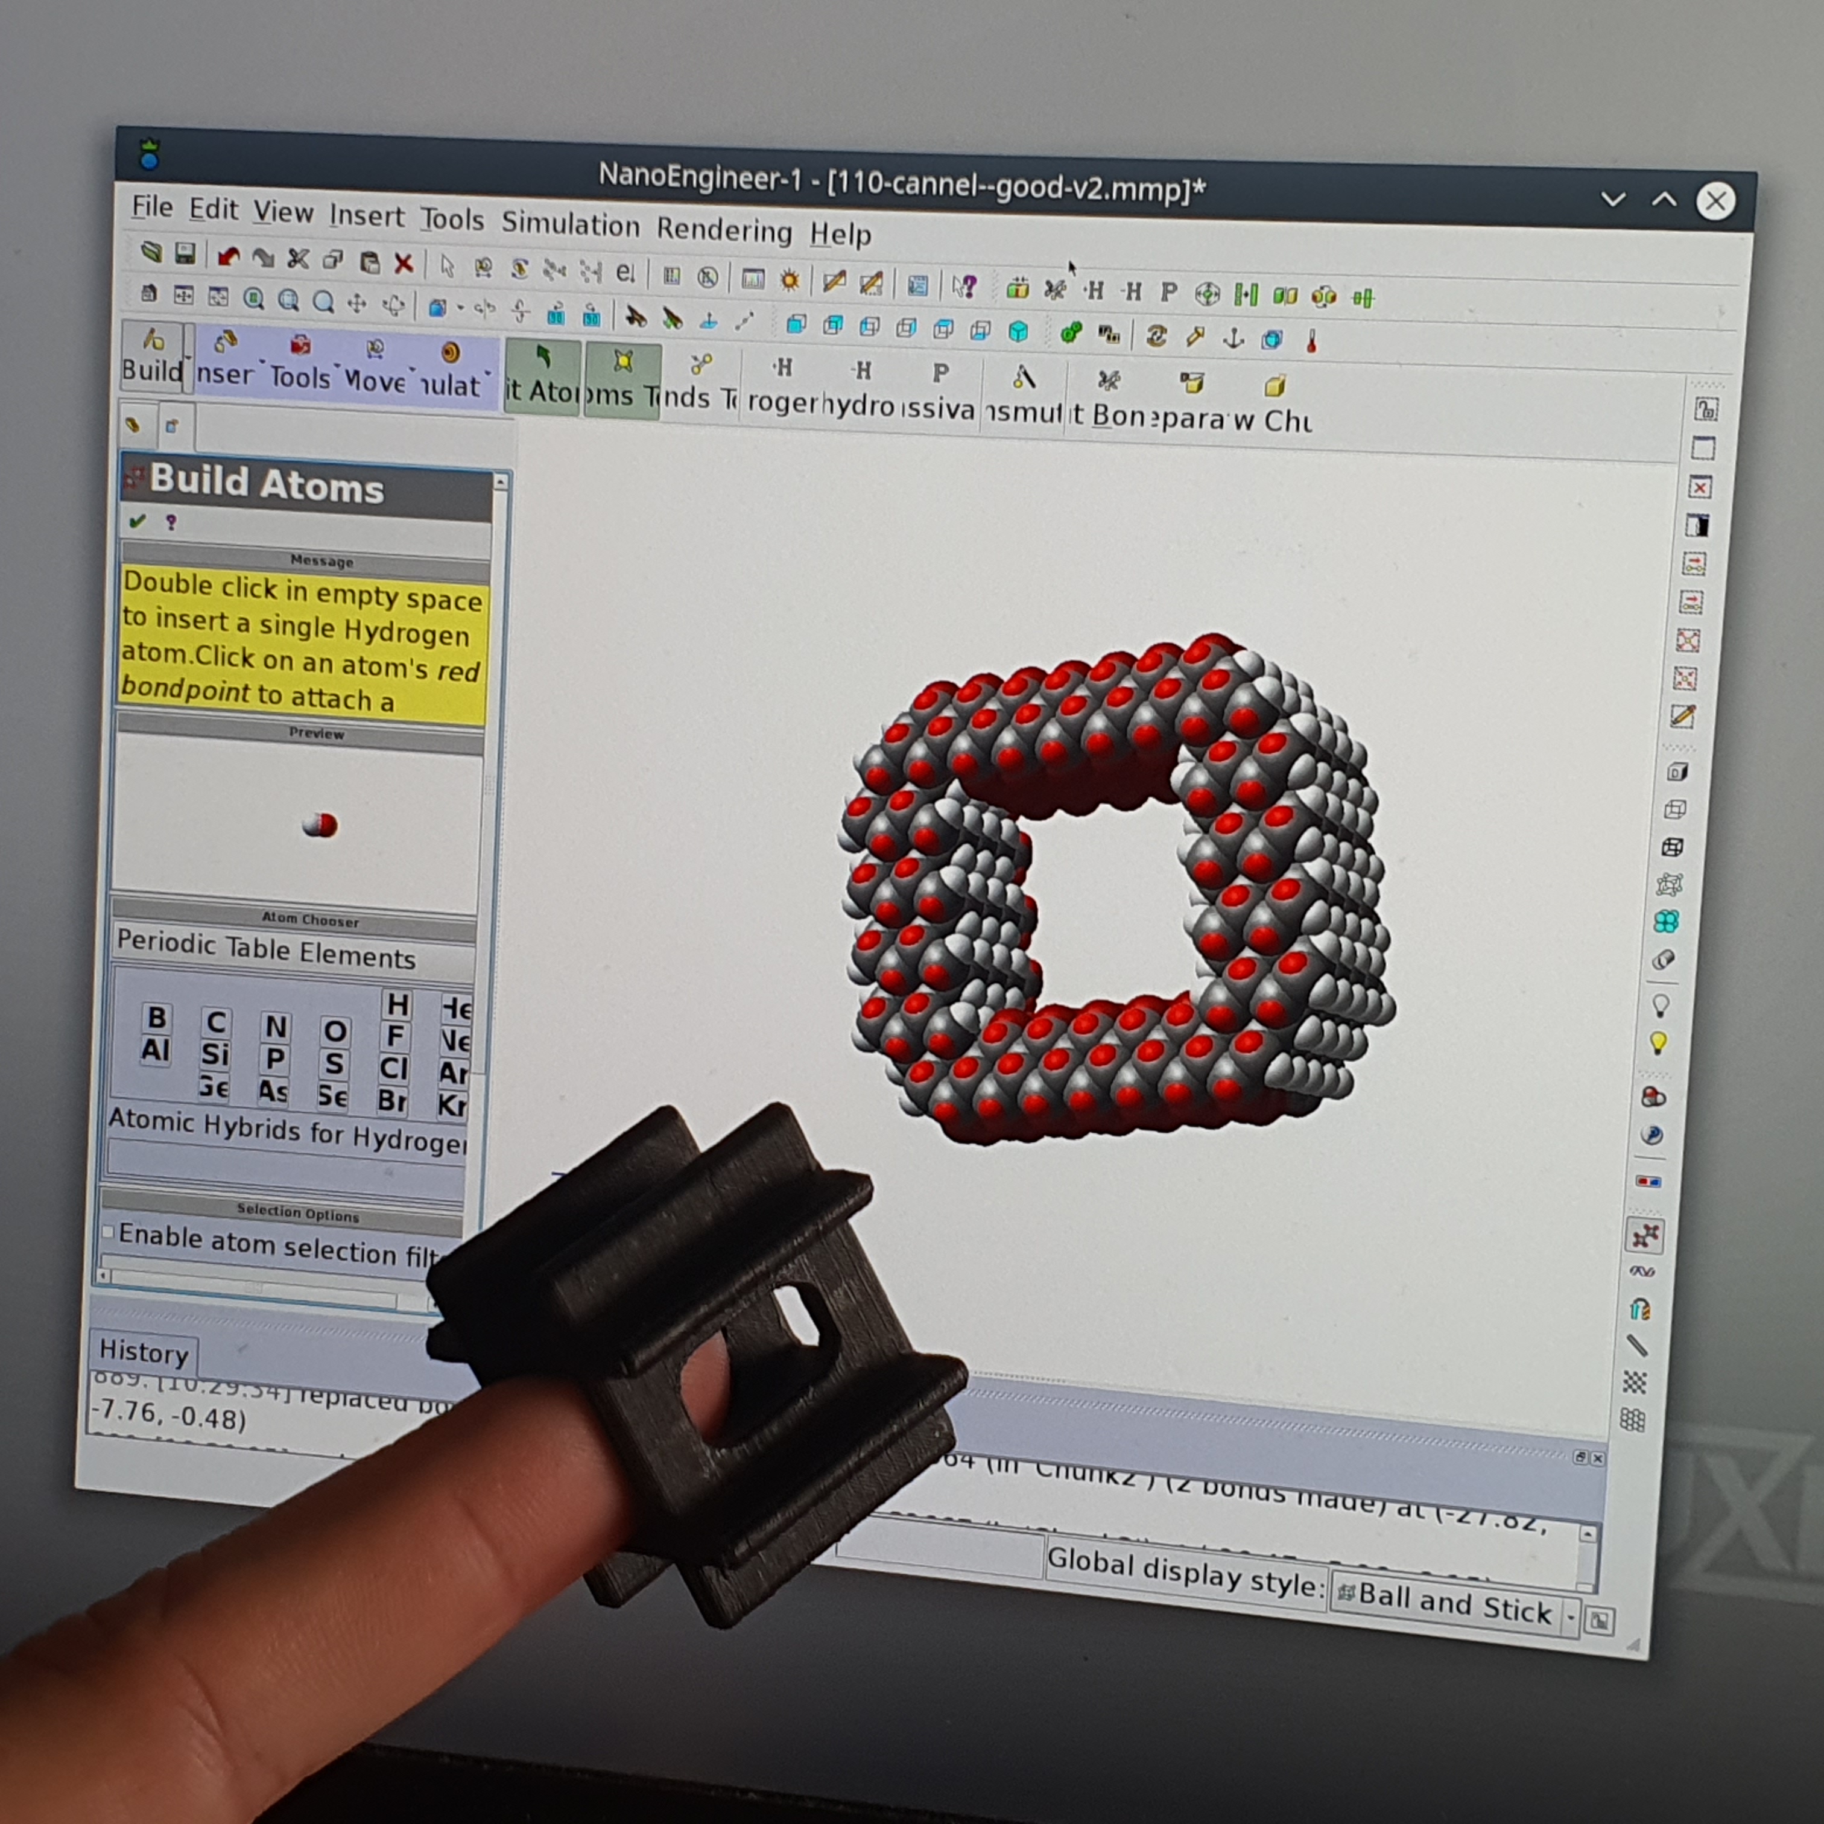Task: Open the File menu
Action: point(152,207)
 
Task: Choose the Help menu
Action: point(840,234)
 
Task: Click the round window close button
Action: point(1714,201)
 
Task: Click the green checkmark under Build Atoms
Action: point(138,521)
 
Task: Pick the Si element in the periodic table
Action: point(215,1054)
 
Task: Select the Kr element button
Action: point(452,1104)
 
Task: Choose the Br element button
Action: point(393,1100)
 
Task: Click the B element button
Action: point(157,1017)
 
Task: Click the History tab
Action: point(144,1352)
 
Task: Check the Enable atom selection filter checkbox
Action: point(109,1232)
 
